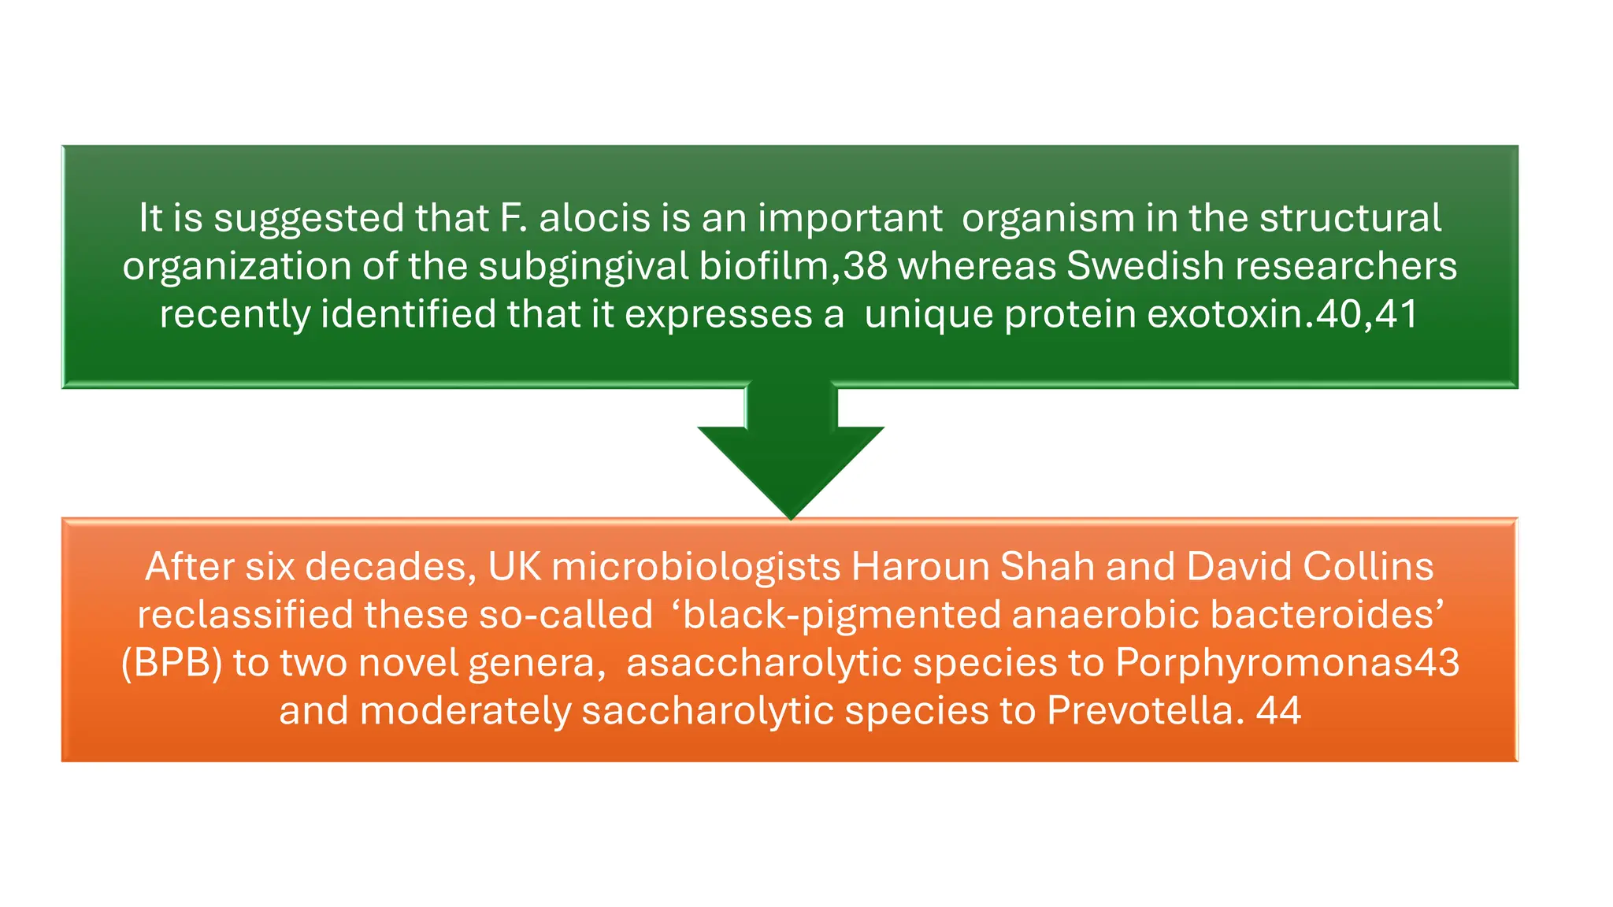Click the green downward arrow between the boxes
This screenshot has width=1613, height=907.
coord(791,457)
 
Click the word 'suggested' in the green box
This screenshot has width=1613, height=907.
coord(308,219)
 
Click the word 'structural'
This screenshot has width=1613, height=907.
coord(1350,218)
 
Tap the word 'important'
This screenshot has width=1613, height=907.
coord(850,219)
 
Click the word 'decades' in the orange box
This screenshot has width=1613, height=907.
coord(390,567)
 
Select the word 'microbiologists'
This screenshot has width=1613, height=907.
coord(696,567)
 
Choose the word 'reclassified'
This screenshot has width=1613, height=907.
coord(245,615)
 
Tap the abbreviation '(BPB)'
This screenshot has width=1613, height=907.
coord(172,663)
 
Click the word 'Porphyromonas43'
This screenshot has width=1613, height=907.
coord(1287,663)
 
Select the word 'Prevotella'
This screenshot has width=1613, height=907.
coord(1140,711)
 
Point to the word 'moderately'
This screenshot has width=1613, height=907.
coord(465,711)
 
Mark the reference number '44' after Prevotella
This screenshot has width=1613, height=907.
coord(1277,711)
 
